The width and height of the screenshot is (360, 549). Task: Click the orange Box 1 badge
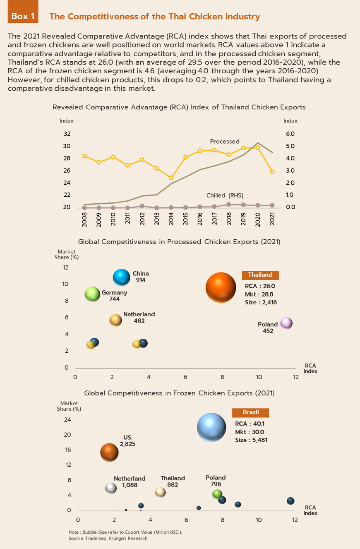[x=23, y=16]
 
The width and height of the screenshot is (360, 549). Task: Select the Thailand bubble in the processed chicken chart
[x=221, y=288]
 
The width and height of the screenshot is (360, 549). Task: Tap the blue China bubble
[x=122, y=277]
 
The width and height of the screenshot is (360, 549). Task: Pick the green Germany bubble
[x=92, y=294]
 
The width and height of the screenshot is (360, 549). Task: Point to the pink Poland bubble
[x=286, y=323]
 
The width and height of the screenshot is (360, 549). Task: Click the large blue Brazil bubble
[x=211, y=428]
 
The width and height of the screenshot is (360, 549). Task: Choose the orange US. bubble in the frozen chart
[x=110, y=453]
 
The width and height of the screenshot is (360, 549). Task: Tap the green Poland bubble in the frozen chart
[x=217, y=494]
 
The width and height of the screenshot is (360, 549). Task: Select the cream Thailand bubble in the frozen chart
[x=160, y=492]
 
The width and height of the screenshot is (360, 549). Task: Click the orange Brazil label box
[x=250, y=412]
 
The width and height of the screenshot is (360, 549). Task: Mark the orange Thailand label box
[x=260, y=275]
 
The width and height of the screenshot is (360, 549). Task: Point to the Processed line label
[x=224, y=142]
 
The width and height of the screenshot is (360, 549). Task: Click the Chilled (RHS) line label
[x=225, y=195]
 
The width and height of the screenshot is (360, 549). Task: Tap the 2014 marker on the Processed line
[x=171, y=178]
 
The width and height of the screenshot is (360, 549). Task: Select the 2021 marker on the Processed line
[x=272, y=171]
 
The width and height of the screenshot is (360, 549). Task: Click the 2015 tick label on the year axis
[x=185, y=219]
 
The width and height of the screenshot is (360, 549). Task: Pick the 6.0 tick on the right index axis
[x=290, y=134]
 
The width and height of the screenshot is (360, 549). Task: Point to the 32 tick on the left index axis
[x=67, y=134]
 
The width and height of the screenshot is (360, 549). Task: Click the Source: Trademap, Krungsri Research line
[x=108, y=538]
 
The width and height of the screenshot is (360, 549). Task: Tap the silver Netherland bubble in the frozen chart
[x=111, y=488]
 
